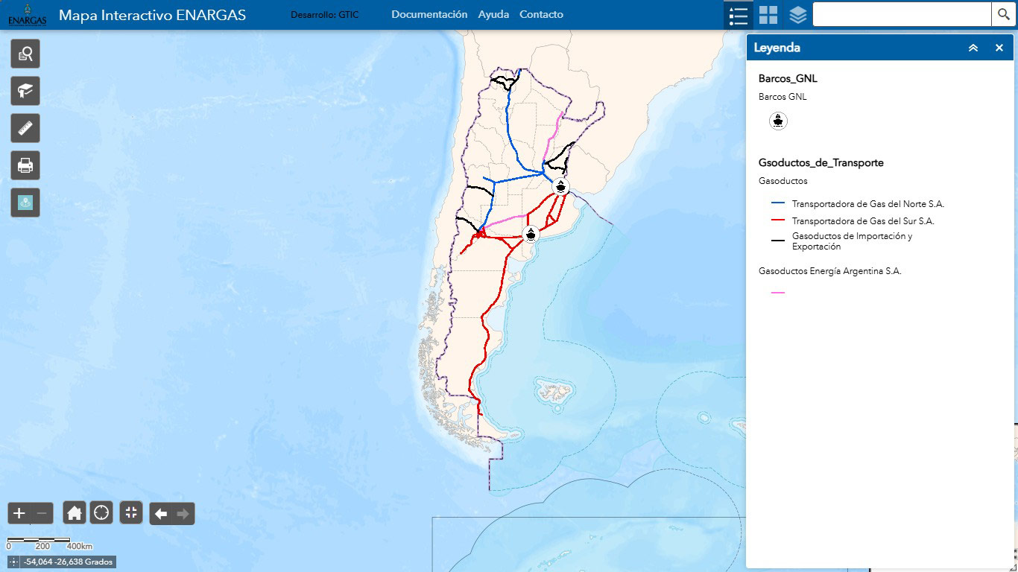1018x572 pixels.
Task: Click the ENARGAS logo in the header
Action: pyautogui.click(x=27, y=14)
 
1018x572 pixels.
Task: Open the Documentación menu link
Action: pyautogui.click(x=429, y=14)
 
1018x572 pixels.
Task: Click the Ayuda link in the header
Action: pyautogui.click(x=493, y=14)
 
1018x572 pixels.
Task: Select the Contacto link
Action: pyautogui.click(x=541, y=14)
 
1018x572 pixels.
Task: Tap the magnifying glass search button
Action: pyautogui.click(x=1003, y=14)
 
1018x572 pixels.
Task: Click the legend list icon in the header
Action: pyautogui.click(x=738, y=15)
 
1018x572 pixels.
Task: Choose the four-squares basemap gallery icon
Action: pyautogui.click(x=768, y=15)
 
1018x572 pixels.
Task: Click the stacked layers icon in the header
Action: pyautogui.click(x=798, y=15)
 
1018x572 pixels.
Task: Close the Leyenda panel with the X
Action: pyautogui.click(x=999, y=48)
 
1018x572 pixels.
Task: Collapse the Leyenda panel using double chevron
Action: pyautogui.click(x=973, y=48)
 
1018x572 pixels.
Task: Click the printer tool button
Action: pyautogui.click(x=25, y=165)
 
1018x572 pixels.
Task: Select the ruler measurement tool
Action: pyautogui.click(x=25, y=128)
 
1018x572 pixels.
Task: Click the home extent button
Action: pyautogui.click(x=75, y=512)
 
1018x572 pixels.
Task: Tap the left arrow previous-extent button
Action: pyautogui.click(x=161, y=513)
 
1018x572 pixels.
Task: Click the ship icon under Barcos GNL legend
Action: pyautogui.click(x=778, y=121)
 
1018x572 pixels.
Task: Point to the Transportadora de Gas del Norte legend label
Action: pyautogui.click(x=868, y=203)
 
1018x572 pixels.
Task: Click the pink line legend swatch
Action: pyautogui.click(x=778, y=293)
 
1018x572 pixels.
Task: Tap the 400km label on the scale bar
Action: pyautogui.click(x=79, y=547)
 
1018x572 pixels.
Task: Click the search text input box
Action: pyautogui.click(x=901, y=14)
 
